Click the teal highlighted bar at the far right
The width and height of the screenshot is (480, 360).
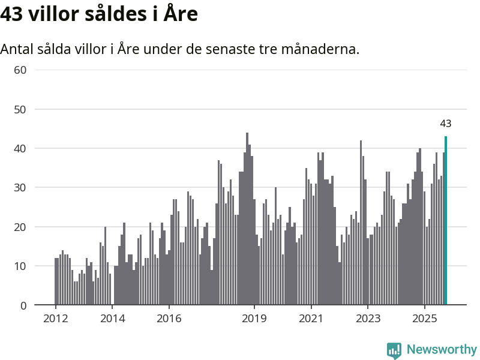click(446, 221)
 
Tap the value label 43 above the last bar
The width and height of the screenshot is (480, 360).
click(446, 124)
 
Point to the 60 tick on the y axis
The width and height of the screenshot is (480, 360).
click(20, 70)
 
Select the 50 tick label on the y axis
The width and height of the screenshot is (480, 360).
click(20, 109)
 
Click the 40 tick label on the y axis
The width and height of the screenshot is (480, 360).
click(20, 148)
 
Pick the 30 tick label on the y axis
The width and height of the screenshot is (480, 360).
click(20, 188)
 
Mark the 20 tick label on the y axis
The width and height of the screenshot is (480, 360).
click(20, 227)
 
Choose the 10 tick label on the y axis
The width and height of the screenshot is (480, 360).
click(20, 266)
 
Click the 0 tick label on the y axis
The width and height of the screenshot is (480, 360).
click(23, 305)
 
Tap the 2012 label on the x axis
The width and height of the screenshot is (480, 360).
click(56, 318)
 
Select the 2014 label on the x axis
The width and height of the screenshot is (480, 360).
click(113, 318)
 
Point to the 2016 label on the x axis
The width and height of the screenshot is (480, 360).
click(170, 318)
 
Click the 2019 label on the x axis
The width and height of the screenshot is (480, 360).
click(255, 318)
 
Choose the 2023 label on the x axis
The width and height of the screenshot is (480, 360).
click(368, 318)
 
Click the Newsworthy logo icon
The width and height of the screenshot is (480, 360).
click(394, 350)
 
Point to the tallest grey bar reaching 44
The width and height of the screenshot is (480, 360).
click(247, 219)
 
